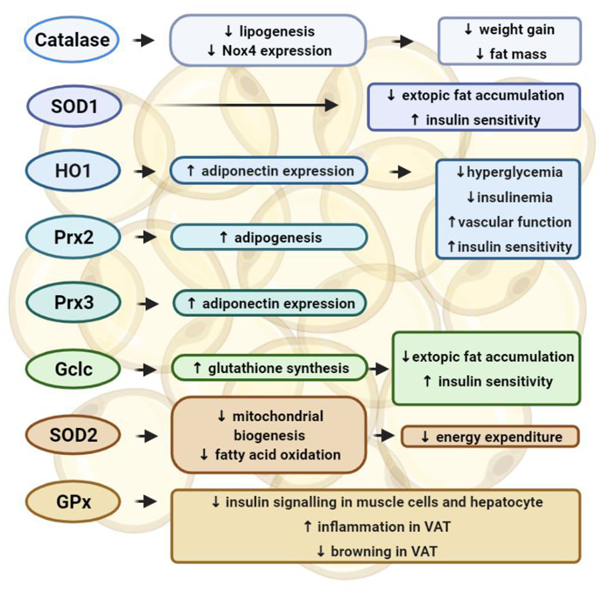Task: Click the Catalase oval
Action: coord(72,40)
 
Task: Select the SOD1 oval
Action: coord(74,106)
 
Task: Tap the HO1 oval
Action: coord(73,171)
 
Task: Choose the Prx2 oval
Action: coord(73,237)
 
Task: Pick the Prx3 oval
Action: coord(73,303)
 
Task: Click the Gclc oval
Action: coord(73,369)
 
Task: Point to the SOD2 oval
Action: coord(73,435)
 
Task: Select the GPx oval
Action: coord(73,502)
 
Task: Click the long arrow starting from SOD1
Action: coord(245,105)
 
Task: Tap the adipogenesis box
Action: coord(269,237)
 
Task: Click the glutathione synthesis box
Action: coord(269,368)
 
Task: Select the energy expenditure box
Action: coord(490,437)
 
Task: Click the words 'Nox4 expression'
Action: coord(277,51)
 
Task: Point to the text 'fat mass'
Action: coord(518,54)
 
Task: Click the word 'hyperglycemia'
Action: coord(514,172)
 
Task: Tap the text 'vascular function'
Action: coord(515,222)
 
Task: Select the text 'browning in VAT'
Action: coord(383,551)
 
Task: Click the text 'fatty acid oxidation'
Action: coord(277,455)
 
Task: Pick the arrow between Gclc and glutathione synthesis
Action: coord(146,369)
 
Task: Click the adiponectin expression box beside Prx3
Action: coord(270,303)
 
